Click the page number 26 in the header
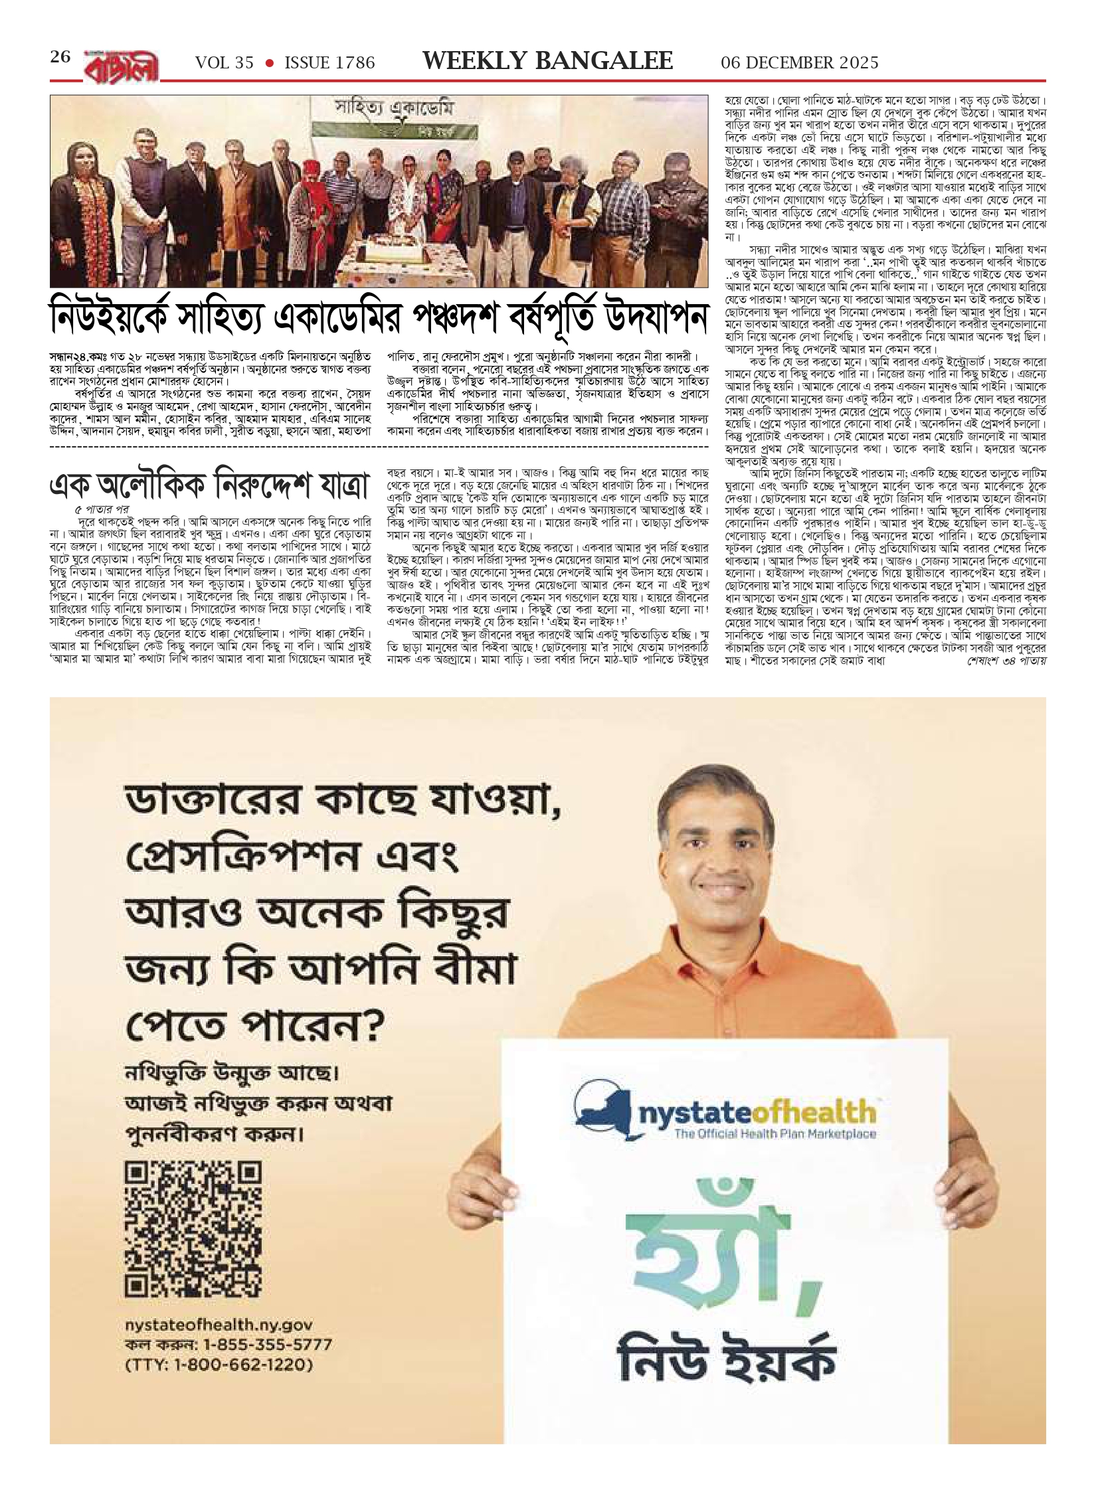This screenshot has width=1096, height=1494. click(60, 58)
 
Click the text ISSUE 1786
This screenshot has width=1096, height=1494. click(329, 63)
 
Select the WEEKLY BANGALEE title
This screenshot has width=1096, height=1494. click(548, 61)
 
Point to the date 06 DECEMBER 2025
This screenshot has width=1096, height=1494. click(800, 63)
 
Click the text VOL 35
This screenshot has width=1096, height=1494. click(225, 63)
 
